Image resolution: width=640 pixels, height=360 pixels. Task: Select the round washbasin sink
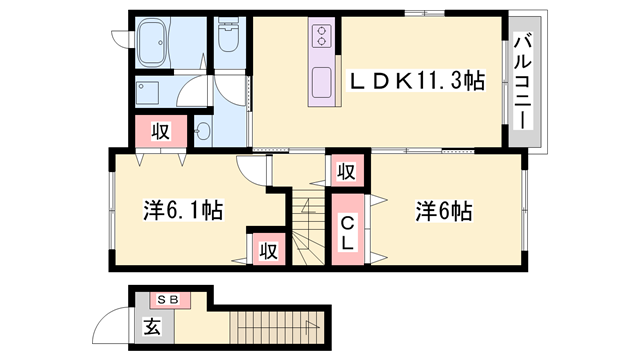(x=203, y=130)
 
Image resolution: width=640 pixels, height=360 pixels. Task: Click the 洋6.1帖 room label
(x=180, y=211)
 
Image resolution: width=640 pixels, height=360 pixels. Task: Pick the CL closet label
(x=347, y=233)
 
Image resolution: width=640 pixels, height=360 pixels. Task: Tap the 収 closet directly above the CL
(x=344, y=170)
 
